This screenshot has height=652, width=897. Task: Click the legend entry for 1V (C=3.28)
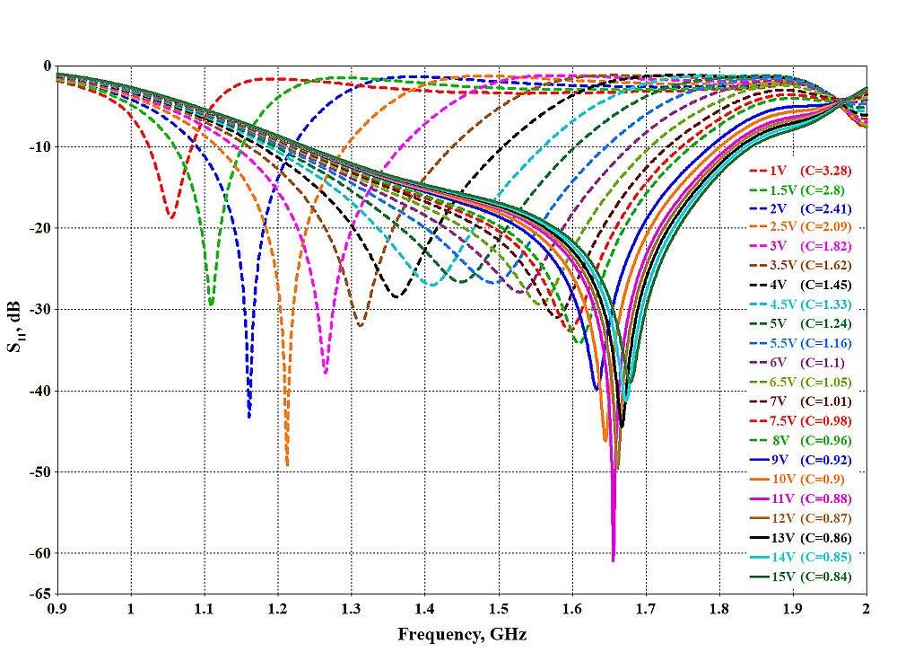799,171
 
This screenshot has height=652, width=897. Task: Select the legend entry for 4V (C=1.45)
799,285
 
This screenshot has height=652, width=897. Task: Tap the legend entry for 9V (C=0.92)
799,461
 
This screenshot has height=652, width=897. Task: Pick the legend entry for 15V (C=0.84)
799,577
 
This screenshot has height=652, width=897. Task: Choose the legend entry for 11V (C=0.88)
799,499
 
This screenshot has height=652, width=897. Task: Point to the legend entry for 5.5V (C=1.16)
799,343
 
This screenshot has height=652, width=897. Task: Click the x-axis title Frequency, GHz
462,635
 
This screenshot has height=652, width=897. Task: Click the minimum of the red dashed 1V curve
170,217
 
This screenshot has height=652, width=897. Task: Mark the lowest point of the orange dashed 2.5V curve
287,465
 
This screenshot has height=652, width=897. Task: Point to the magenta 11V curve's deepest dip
614,560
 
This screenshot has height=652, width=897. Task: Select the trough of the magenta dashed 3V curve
325,374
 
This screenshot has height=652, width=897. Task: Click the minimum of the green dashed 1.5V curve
211,305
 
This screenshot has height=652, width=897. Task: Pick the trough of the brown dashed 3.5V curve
361,325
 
